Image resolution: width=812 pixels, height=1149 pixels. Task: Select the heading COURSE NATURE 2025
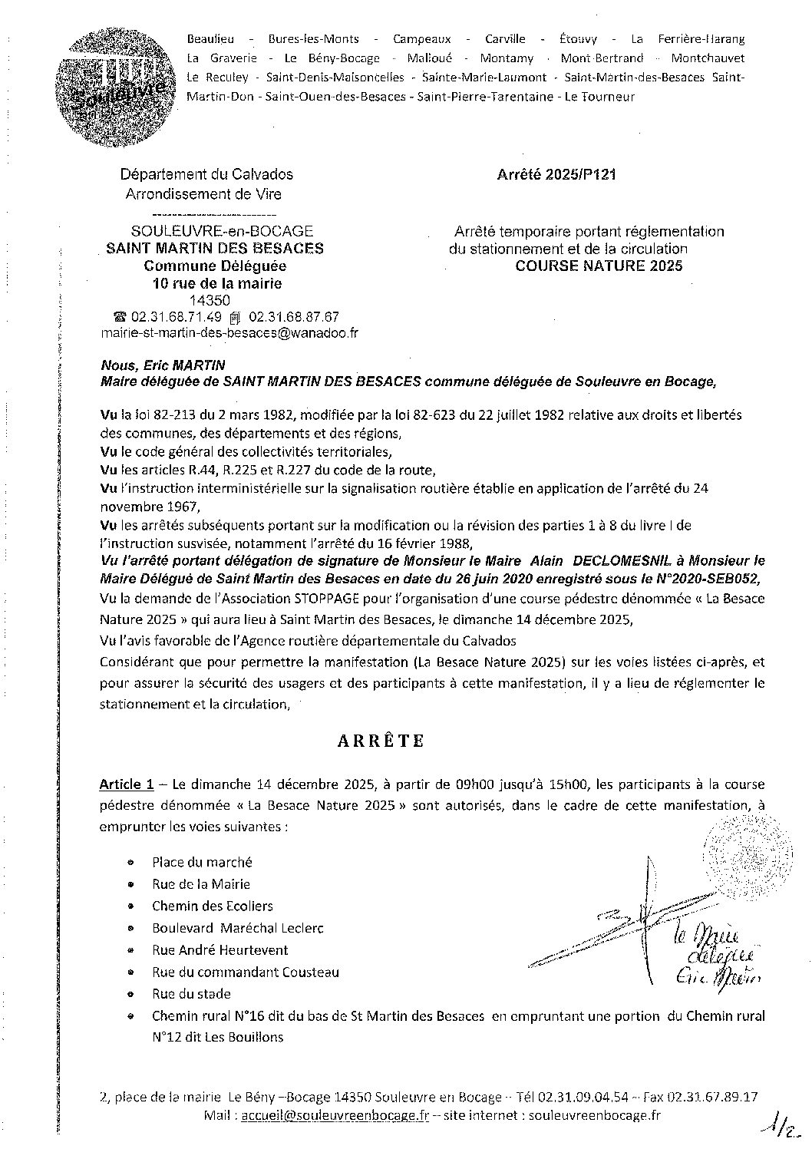coord(599,266)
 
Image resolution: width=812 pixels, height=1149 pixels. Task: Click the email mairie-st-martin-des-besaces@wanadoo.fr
coord(230,333)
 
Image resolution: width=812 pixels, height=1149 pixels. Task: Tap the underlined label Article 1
coord(121,784)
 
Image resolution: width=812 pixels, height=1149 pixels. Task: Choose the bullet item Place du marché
coord(202,862)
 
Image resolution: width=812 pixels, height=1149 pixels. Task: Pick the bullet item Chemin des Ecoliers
coord(212,906)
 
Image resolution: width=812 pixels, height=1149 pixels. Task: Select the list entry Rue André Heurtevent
coord(220,949)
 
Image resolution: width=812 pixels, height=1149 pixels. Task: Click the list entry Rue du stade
coord(191,993)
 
